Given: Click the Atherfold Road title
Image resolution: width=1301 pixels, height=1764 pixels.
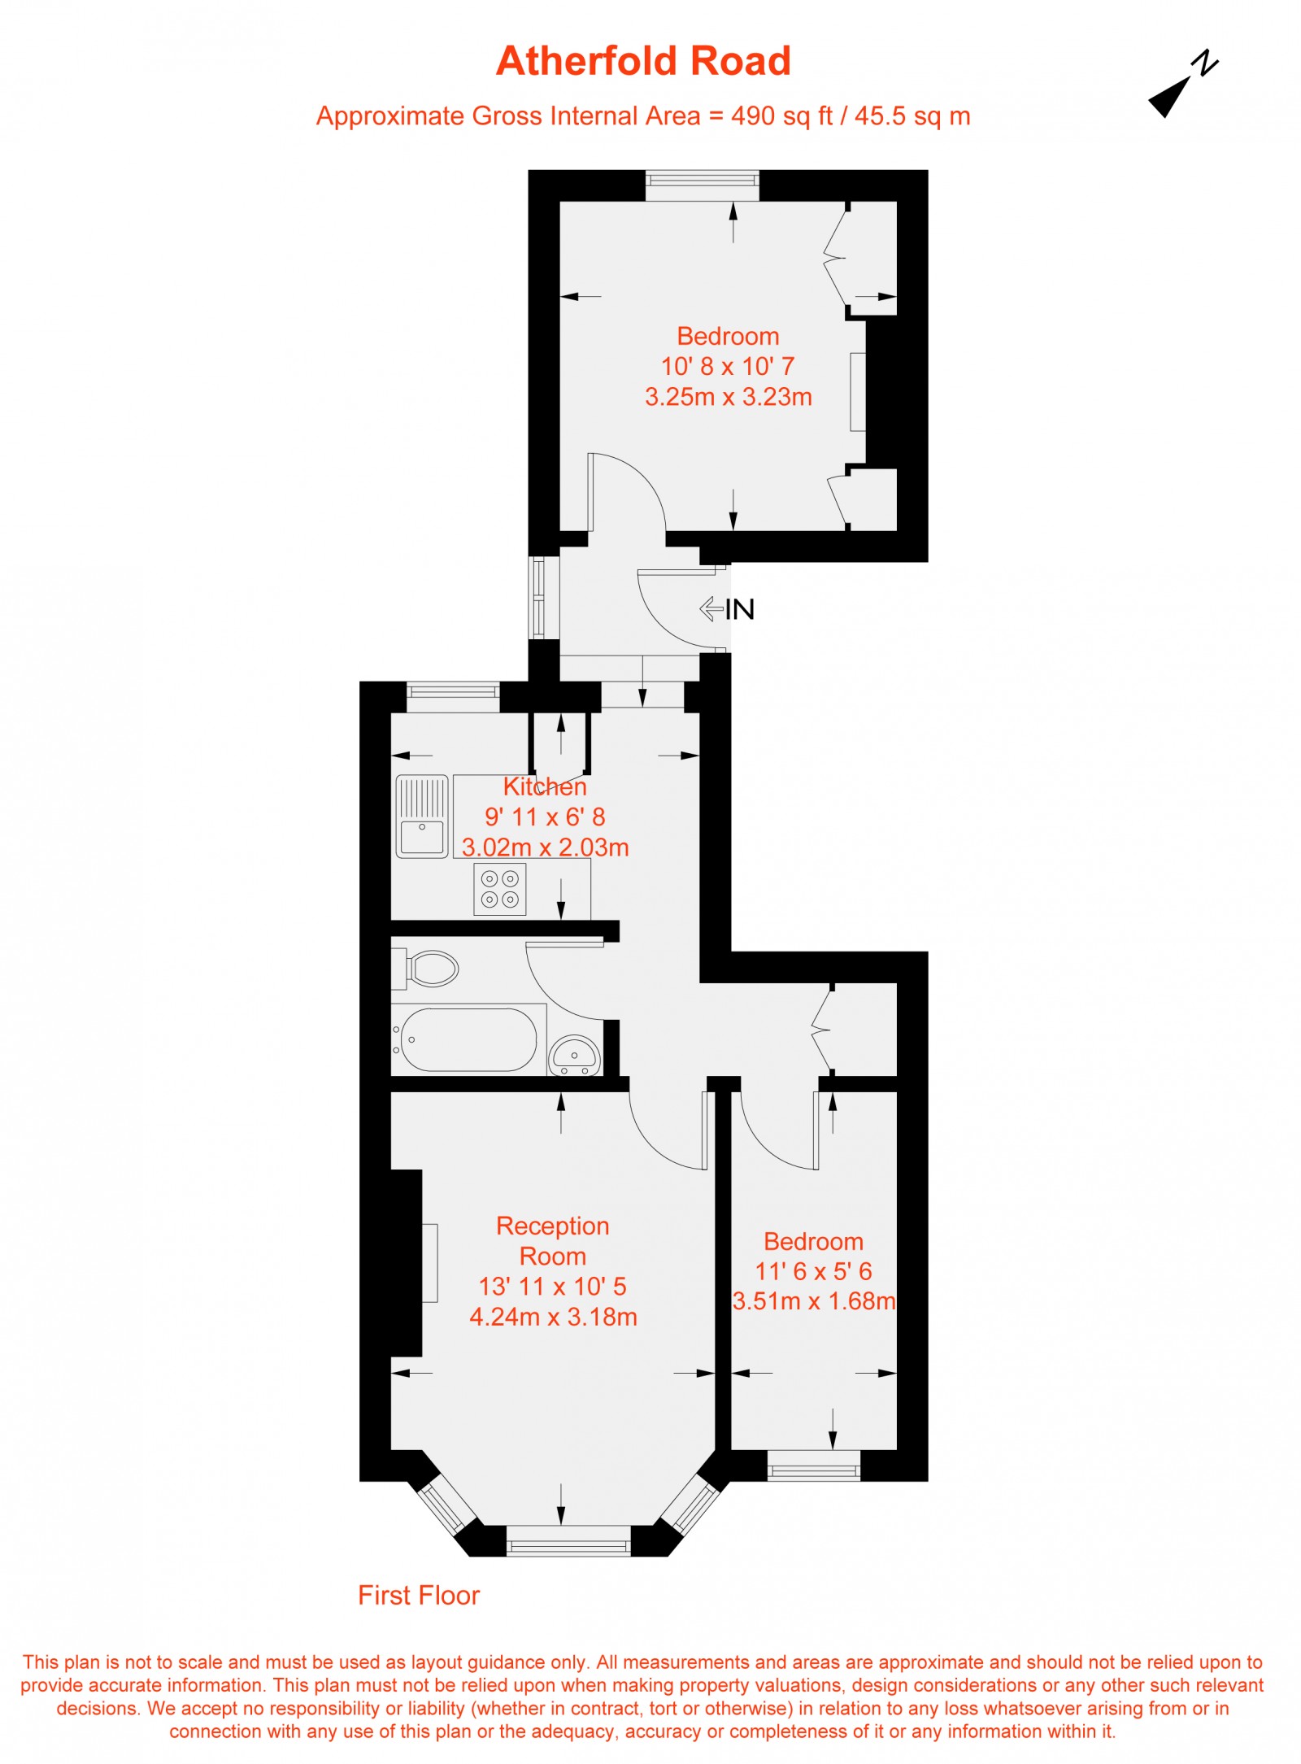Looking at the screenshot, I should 643,62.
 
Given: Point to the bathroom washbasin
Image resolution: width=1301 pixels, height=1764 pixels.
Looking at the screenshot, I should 575,1056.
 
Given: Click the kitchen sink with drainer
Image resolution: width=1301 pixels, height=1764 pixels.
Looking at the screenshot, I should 422,816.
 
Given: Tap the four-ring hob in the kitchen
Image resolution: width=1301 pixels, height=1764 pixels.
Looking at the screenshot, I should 499,889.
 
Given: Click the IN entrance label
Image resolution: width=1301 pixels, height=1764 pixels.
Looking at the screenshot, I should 739,609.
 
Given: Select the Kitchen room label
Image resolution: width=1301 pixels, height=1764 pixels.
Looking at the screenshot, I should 545,786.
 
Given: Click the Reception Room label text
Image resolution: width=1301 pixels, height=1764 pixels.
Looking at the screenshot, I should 553,1240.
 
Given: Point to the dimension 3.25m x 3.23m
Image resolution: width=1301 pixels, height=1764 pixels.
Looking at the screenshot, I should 728,397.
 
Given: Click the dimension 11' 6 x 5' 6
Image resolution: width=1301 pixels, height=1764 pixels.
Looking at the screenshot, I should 813,1271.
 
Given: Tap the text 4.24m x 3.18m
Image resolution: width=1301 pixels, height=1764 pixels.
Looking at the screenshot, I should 553,1317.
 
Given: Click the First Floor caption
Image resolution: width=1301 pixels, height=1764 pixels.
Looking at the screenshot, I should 419,1595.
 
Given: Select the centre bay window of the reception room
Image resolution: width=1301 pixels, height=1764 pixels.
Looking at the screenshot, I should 568,1540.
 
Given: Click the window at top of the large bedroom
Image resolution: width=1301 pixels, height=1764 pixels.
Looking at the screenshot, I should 703,185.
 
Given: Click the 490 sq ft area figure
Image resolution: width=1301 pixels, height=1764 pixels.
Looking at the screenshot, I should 781,116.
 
